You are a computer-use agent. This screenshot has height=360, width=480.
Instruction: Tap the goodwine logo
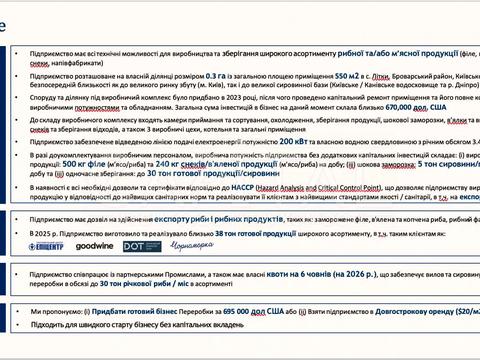(x=94, y=245)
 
